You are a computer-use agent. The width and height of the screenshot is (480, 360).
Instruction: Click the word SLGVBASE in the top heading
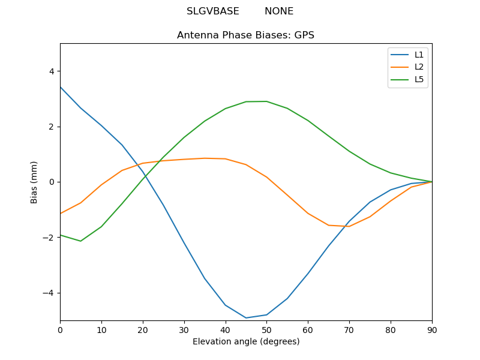tap(213, 11)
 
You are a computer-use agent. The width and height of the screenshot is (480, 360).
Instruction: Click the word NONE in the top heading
tap(279, 11)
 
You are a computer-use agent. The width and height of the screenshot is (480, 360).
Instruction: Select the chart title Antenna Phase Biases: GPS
tap(245, 35)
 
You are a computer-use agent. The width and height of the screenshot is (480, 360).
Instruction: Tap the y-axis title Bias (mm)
tap(34, 182)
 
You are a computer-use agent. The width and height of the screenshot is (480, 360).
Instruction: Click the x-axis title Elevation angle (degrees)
tap(245, 341)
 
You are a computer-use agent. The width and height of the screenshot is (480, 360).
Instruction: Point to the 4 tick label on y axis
tap(51, 71)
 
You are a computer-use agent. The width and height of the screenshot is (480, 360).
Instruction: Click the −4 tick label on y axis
tap(49, 293)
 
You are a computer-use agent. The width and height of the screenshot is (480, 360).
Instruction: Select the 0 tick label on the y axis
tap(51, 182)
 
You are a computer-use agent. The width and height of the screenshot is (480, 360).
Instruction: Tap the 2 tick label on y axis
tap(51, 127)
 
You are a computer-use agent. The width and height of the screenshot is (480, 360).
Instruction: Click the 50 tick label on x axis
tap(266, 329)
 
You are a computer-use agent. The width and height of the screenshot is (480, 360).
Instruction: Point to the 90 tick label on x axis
tap(431, 329)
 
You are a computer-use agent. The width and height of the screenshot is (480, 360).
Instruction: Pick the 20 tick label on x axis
tap(143, 329)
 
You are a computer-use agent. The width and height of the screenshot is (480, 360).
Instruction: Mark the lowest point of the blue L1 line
tap(246, 318)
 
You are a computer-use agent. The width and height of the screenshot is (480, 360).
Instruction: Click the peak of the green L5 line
tap(266, 101)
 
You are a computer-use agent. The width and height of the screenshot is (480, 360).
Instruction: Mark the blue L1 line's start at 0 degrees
tap(61, 87)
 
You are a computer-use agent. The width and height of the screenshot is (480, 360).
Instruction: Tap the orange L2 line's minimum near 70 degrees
tap(349, 226)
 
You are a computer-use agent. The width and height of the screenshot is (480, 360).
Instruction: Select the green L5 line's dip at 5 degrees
tap(80, 241)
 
